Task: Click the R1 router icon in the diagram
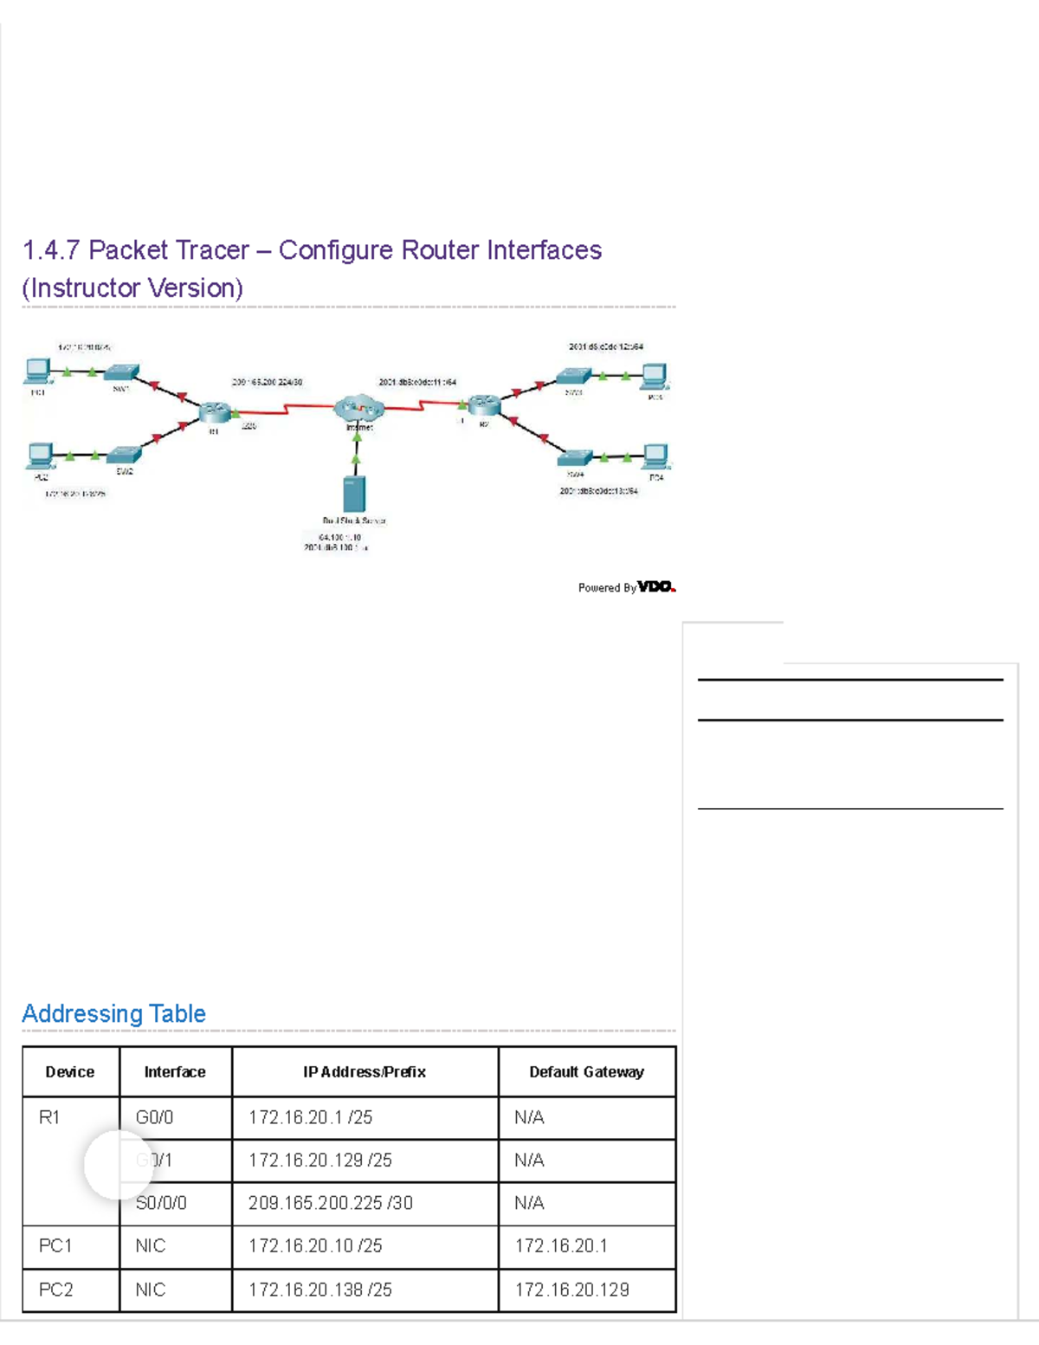[212, 412]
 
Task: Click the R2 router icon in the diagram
[484, 404]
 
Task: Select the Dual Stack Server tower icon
[354, 493]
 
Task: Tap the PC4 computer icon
[655, 456]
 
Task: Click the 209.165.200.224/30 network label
[267, 382]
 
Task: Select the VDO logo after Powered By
[656, 587]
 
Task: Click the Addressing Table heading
[113, 1013]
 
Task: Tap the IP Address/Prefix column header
[365, 1072]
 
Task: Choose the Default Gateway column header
[586, 1072]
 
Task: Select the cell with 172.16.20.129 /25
[320, 1161]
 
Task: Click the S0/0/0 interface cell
[161, 1203]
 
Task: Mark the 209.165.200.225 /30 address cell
[330, 1203]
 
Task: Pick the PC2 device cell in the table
[56, 1290]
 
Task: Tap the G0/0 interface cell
[154, 1118]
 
